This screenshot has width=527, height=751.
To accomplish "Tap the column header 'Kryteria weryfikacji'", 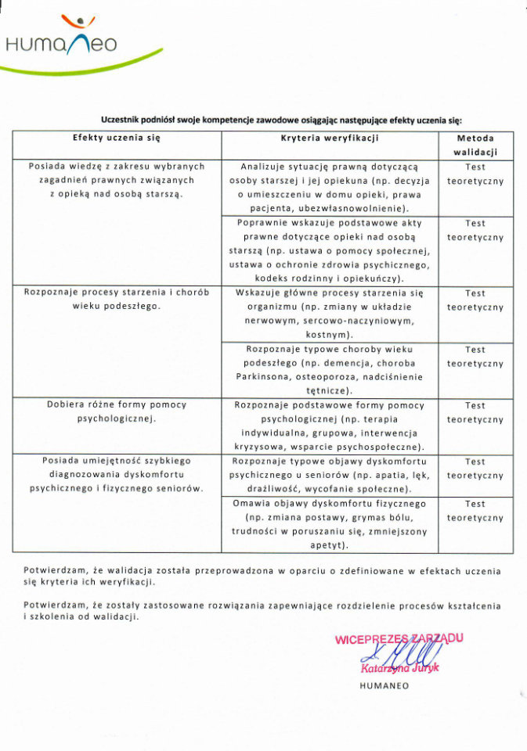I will tap(330, 138).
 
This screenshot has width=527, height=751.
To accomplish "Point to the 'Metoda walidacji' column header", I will tap(475, 145).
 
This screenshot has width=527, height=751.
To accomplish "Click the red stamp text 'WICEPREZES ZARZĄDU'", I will tap(399, 638).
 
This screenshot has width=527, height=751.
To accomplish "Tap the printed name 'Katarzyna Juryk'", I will tap(400, 668).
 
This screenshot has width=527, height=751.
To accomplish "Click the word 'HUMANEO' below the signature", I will tap(384, 686).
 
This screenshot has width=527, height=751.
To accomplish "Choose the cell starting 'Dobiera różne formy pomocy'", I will tap(117, 411).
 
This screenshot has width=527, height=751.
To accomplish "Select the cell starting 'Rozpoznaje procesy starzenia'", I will tap(117, 299).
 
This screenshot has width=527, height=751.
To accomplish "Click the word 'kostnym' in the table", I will tap(329, 335).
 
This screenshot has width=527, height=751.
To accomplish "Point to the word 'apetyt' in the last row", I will tap(329, 545).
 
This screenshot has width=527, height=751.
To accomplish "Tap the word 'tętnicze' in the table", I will tap(330, 390).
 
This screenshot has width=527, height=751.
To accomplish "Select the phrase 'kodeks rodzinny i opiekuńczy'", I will tap(329, 278).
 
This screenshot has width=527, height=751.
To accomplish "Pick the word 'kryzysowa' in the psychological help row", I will tap(260, 447).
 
